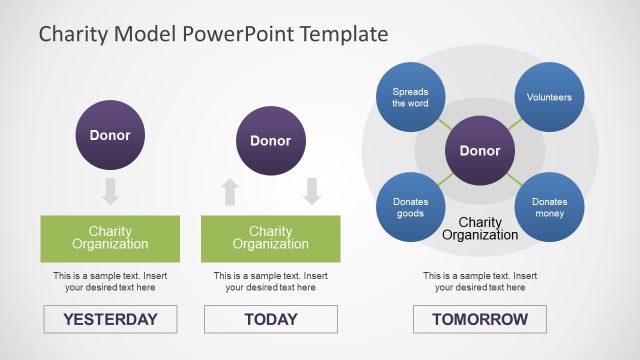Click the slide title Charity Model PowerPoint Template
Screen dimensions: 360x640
213,34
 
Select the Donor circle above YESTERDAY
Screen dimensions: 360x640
110,135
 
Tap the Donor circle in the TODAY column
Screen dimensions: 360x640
270,141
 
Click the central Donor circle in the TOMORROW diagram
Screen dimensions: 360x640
479,151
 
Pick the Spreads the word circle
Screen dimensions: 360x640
410,97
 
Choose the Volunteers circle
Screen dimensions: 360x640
549,98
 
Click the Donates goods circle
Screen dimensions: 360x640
410,207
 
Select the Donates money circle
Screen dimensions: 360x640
549,207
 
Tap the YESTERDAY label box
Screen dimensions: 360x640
110,319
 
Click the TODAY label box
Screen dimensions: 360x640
270,319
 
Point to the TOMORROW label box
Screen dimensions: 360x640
479,319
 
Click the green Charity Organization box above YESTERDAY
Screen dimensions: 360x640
110,238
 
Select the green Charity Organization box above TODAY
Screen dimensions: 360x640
270,238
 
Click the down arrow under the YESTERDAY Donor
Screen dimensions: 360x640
110,191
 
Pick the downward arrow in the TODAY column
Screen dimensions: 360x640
311,191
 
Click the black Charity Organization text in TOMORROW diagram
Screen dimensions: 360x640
479,229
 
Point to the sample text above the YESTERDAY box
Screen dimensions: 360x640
110,281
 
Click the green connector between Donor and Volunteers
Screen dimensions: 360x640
513,125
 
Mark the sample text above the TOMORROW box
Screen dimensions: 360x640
479,281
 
